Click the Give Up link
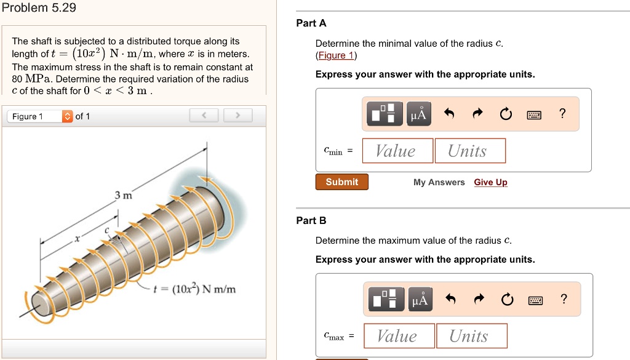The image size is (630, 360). pos(490,182)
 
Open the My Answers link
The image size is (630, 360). pos(439,182)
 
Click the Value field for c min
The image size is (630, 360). pos(396,151)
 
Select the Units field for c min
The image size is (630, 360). pos(470,151)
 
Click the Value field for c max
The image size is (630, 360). pos(398,336)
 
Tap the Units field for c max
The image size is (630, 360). pos(471,336)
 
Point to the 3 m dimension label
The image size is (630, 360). pos(123,196)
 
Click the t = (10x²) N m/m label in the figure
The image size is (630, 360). pos(196,289)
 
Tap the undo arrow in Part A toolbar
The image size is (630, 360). pos(449,114)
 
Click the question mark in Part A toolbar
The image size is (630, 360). pos(562,113)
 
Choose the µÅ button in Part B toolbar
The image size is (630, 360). pos(419,300)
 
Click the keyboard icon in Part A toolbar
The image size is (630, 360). pos(534,114)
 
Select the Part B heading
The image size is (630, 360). pos(311,220)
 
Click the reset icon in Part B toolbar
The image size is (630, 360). pos(506,300)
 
